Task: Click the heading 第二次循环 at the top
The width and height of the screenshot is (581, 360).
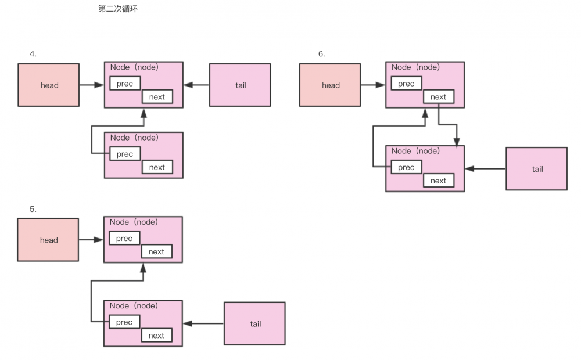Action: [x=119, y=9]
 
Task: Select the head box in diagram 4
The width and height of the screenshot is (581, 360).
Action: [x=49, y=85]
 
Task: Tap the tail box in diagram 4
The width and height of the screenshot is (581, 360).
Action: [x=240, y=85]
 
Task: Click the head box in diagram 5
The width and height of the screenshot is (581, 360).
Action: [x=49, y=240]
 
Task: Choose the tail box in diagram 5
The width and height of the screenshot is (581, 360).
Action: [x=254, y=323]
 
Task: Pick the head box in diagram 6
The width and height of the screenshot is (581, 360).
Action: [x=330, y=85]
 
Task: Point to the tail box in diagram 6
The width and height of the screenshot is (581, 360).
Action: [x=536, y=169]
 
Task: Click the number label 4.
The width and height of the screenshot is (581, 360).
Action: [x=33, y=54]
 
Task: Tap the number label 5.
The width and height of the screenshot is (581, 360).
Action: [x=33, y=209]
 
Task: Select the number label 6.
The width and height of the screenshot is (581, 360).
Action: [x=321, y=54]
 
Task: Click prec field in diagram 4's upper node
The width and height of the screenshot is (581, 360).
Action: [x=125, y=84]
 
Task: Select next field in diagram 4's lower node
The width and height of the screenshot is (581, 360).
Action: [x=157, y=167]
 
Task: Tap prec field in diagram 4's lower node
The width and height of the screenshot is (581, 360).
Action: [x=125, y=154]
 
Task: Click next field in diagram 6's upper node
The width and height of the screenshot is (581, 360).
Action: [x=438, y=97]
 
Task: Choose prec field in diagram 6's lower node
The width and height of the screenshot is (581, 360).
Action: [x=406, y=167]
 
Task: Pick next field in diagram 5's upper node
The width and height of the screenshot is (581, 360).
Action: [x=156, y=251]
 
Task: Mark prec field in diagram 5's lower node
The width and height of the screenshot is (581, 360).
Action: [x=124, y=322]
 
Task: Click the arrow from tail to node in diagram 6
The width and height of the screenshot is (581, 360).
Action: [x=485, y=169]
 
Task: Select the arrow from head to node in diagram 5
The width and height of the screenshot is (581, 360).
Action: [x=91, y=239]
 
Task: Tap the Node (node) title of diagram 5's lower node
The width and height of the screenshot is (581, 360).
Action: [x=134, y=306]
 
